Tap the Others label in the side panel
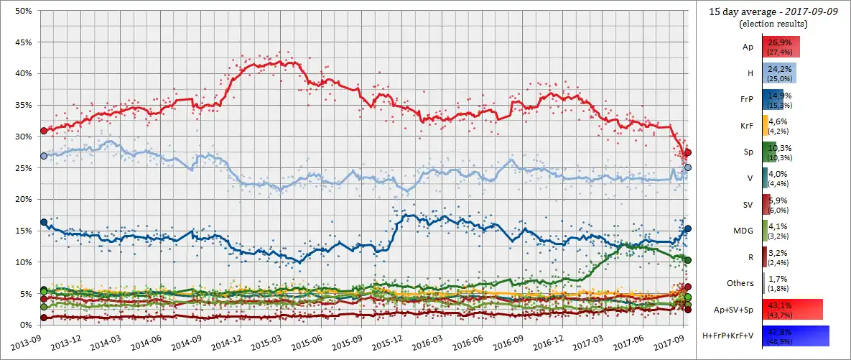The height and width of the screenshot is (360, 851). click(x=740, y=283)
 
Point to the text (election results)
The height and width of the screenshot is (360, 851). click(x=773, y=24)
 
